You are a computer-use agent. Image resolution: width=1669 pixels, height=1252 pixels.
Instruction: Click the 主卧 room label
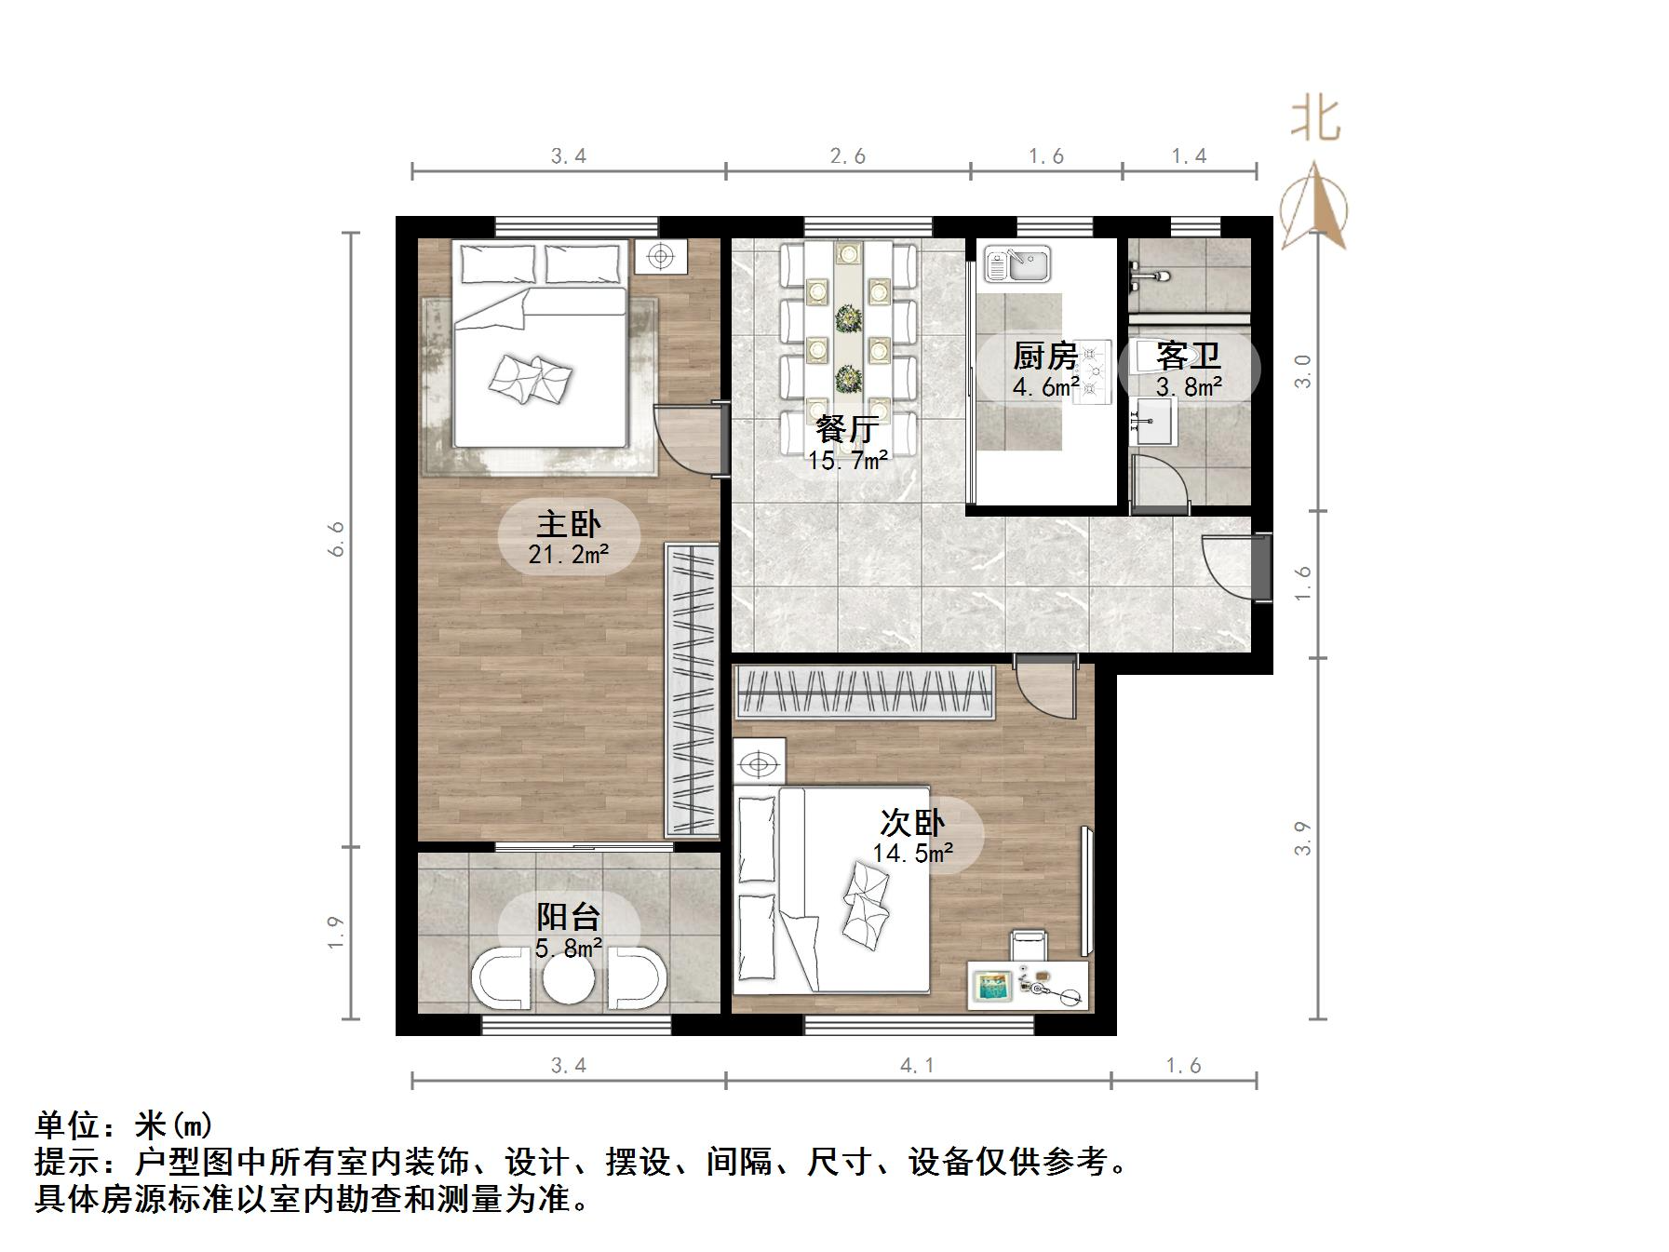[569, 524]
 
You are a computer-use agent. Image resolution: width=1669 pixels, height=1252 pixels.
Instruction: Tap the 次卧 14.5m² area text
[912, 853]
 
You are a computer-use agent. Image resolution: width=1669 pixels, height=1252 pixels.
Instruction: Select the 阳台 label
[568, 917]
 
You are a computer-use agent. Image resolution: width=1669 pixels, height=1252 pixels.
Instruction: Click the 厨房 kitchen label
[1044, 356]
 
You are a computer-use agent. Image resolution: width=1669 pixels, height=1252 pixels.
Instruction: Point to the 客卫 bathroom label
[1188, 356]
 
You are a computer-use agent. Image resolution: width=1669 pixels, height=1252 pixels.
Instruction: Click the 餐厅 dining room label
[847, 430]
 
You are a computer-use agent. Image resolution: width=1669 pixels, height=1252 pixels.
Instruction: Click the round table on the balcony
[568, 979]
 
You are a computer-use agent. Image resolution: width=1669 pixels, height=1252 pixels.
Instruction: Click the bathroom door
[1160, 484]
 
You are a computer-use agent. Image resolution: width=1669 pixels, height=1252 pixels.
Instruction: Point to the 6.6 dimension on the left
[336, 538]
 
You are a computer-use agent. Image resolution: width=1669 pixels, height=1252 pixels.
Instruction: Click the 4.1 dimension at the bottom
[917, 1065]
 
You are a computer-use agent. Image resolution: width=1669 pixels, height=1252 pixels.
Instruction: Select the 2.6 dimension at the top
[847, 156]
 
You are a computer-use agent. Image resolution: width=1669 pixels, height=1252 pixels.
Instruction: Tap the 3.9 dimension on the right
[1302, 838]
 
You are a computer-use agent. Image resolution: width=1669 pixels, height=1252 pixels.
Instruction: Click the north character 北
[1314, 121]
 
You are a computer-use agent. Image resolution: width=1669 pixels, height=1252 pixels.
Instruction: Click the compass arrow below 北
[1313, 208]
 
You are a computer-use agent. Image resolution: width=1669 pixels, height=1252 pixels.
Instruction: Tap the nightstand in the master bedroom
[661, 256]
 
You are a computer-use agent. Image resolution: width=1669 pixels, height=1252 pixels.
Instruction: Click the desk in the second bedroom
[1028, 985]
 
